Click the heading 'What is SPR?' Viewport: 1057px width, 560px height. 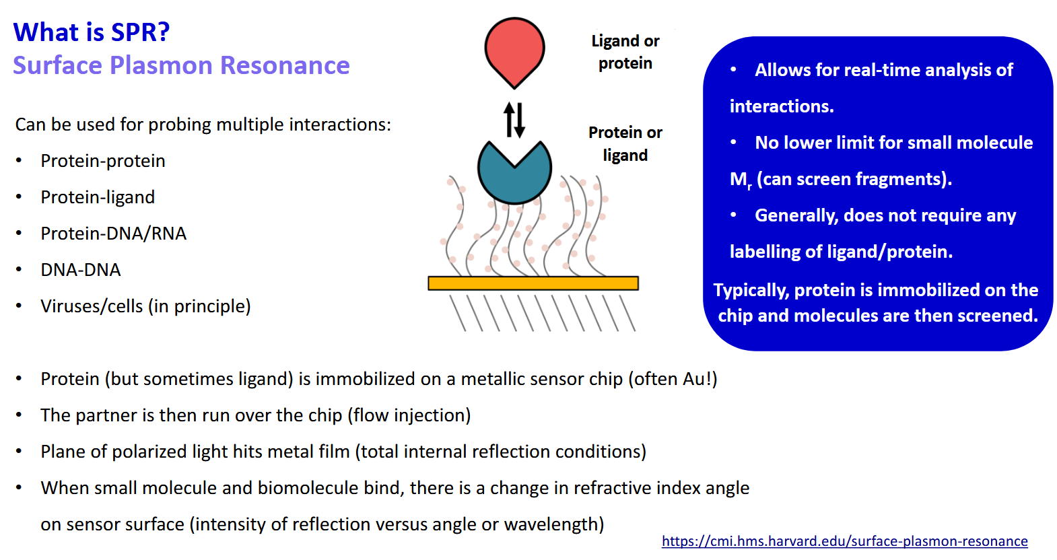pos(92,32)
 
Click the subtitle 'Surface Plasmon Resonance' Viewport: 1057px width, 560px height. pos(181,65)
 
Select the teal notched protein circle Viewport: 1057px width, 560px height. pos(514,176)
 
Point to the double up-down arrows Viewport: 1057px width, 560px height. pos(514,120)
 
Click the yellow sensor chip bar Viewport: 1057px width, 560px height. pos(533,283)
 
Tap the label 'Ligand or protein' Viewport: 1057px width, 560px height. pos(625,52)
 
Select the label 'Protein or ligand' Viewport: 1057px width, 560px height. pos(625,143)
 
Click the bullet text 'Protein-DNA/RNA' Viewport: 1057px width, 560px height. pos(113,234)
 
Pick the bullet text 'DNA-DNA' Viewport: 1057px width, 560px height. pos(80,270)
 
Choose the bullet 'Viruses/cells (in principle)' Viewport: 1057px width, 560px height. pos(145,306)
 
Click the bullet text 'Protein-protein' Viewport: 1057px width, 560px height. pos(102,161)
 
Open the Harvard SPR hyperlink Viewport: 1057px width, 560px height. pos(844,541)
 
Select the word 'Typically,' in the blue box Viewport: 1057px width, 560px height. pos(751,290)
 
